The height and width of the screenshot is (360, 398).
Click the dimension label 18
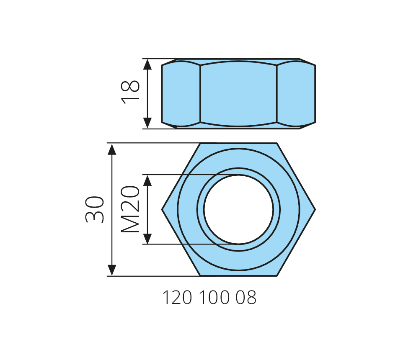coord(130,93)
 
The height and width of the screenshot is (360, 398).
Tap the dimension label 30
coord(94,209)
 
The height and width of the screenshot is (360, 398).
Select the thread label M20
coord(130,209)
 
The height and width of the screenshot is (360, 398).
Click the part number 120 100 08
coord(209,297)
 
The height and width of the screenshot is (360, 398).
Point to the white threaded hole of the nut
coord(238,210)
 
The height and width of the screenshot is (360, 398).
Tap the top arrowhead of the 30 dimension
coord(112,149)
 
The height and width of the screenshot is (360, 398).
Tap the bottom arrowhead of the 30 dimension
coord(112,270)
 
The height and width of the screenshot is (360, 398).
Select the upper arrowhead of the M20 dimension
coord(147,180)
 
